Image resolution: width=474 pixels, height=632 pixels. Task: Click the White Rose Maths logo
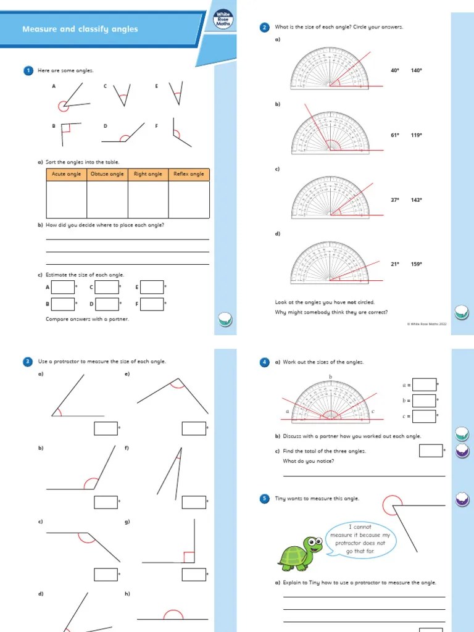222,19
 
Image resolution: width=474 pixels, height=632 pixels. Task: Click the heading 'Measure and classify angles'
80,29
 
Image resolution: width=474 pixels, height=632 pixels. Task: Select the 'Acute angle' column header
67,174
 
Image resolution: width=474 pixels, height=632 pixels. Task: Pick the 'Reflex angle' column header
189,174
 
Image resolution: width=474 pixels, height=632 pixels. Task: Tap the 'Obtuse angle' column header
107,174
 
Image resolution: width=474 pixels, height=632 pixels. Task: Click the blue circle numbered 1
28,71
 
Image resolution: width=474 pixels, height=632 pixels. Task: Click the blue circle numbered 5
265,498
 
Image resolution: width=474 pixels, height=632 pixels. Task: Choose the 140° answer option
417,70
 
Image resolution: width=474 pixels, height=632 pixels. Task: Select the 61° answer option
395,135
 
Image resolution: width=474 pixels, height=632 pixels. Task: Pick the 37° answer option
395,200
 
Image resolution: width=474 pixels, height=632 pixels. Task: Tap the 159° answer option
417,264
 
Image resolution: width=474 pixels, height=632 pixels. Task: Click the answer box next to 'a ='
424,385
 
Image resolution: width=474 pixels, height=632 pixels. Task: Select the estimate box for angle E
152,287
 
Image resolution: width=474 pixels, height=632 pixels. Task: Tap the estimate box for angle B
63,304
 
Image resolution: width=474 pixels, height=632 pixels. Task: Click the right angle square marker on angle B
66,128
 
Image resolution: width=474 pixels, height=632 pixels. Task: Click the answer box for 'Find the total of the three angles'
431,451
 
